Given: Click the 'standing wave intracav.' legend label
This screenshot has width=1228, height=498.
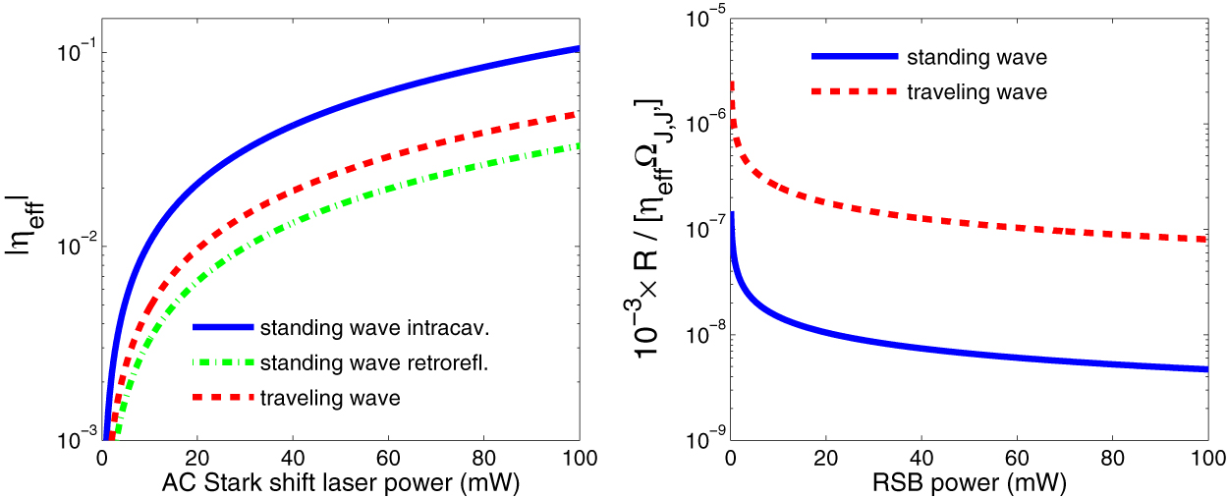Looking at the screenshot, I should pyautogui.click(x=367, y=327).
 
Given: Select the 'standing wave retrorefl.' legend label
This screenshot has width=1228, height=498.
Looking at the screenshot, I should pyautogui.click(x=375, y=362).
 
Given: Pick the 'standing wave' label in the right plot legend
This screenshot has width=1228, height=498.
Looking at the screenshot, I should pyautogui.click(x=977, y=57).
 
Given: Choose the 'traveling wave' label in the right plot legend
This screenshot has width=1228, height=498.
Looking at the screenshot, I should pyautogui.click(x=977, y=93).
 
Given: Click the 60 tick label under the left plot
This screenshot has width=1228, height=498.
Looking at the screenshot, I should pyautogui.click(x=388, y=458).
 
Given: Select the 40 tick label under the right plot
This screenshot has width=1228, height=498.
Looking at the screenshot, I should pyautogui.click(x=921, y=458).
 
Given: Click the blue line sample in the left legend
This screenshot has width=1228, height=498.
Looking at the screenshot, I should pyautogui.click(x=222, y=327).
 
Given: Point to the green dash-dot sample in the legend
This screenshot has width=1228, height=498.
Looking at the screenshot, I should pyautogui.click(x=222, y=362).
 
